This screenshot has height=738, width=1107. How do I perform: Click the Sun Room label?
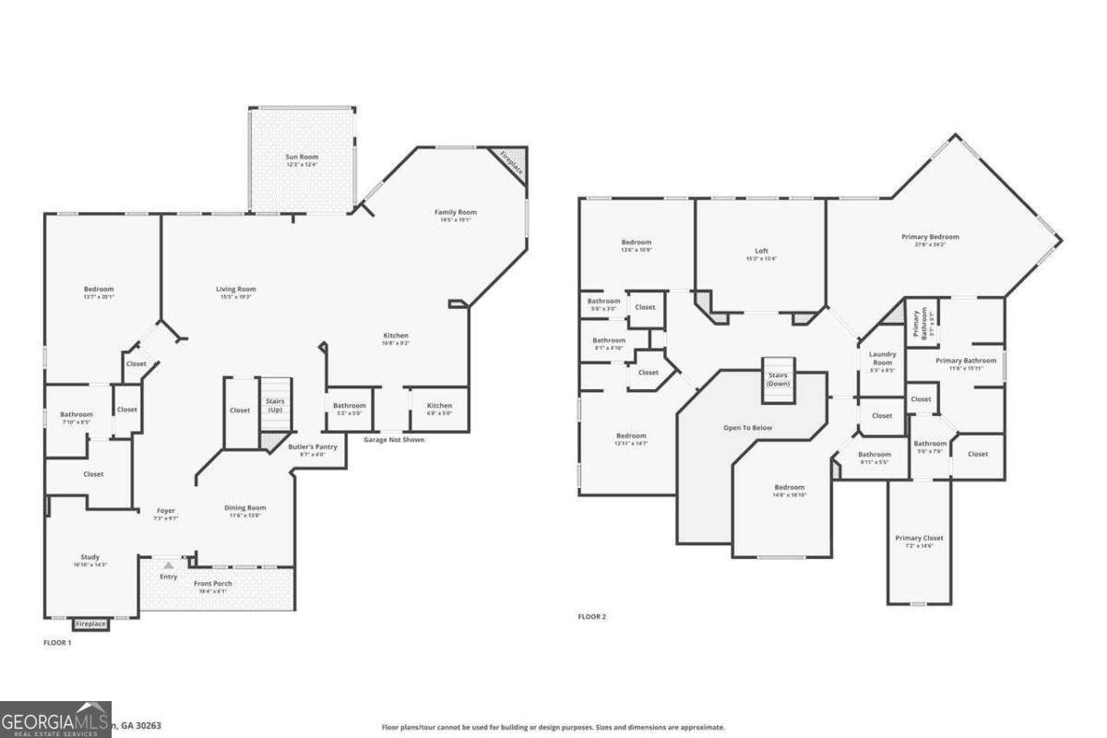tap(301, 158)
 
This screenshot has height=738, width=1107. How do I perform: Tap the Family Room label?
tap(456, 212)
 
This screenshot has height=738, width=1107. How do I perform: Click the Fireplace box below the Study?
tap(90, 625)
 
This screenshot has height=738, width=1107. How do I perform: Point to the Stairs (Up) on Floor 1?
tap(274, 404)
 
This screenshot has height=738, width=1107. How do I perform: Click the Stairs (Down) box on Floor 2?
tap(777, 379)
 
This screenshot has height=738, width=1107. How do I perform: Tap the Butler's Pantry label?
tap(313, 446)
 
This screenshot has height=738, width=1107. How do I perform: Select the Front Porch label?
tap(213, 584)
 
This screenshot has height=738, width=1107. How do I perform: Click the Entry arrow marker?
tap(168, 564)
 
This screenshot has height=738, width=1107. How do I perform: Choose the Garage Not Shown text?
tap(394, 440)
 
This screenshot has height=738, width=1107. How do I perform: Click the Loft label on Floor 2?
tap(761, 251)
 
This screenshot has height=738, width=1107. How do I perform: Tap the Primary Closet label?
tap(919, 538)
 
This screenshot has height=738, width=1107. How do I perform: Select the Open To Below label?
tap(747, 428)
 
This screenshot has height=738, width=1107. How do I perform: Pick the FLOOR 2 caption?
tap(591, 616)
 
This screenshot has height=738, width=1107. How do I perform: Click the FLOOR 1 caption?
tap(57, 642)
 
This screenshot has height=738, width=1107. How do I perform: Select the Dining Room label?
tap(245, 507)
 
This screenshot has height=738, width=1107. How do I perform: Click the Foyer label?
tap(165, 510)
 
